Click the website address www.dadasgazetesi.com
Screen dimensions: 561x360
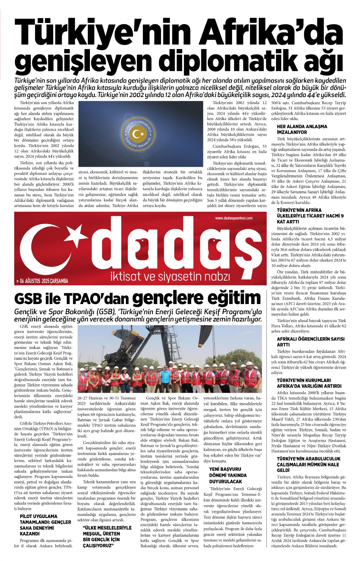coord(234,218)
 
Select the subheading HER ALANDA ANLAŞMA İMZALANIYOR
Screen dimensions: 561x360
coord(302,129)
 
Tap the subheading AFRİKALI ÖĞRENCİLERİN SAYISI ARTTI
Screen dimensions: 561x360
coord(310,342)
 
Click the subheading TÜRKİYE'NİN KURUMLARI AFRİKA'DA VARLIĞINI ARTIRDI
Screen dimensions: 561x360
coord(309,383)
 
